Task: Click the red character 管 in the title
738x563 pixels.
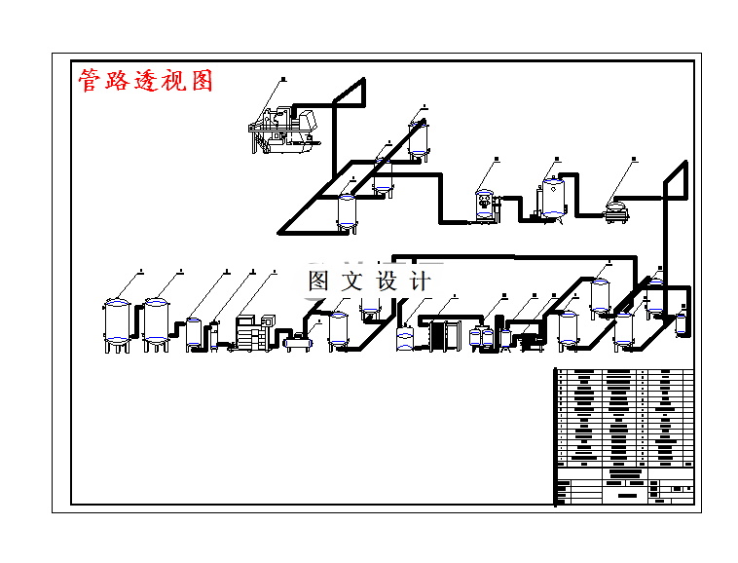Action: point(90,81)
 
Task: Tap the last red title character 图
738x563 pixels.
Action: point(202,81)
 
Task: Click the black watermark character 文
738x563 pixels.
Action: point(351,281)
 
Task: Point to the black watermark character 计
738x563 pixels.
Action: point(419,281)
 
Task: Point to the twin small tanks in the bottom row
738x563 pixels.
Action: point(481,338)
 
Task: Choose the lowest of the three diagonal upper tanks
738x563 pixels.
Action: point(348,211)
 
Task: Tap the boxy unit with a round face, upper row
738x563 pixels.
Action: point(484,204)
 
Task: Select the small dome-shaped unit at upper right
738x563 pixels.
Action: point(615,208)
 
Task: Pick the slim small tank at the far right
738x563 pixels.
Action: point(681,322)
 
